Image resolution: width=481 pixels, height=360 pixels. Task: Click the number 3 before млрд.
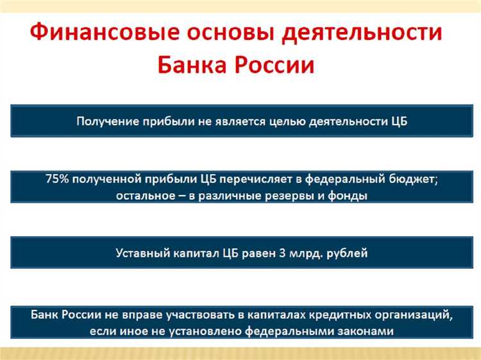(282, 253)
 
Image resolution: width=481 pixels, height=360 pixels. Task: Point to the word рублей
(347, 253)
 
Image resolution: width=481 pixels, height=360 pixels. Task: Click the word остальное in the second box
(146, 196)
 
